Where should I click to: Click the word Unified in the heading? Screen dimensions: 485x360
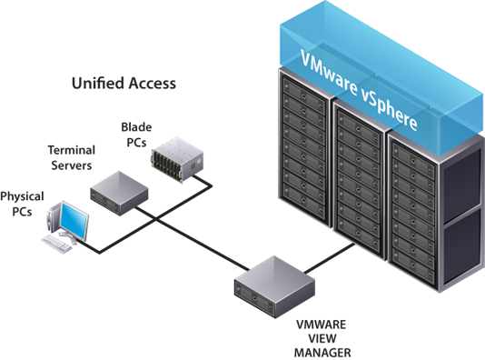click(98, 84)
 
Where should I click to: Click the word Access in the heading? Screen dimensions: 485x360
click(153, 84)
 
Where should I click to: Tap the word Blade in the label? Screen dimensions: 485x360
click(136, 127)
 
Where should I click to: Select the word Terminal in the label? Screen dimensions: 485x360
click(72, 150)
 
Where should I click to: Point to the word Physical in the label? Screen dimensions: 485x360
click(22, 197)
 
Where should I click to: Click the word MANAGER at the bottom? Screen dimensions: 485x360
click(322, 353)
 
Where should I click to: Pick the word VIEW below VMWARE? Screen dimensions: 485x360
click(322, 339)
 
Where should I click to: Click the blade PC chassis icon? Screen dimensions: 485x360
click(177, 159)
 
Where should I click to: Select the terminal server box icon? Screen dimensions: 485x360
click(119, 193)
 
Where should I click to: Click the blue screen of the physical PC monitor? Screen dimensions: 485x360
click(74, 221)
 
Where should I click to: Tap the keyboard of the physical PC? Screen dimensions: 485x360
click(57, 244)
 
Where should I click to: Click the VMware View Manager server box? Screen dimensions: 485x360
click(274, 286)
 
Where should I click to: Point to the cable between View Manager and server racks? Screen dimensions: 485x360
click(330, 259)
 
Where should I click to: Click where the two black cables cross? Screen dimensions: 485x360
click(155, 219)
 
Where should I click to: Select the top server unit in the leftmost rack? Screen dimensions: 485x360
click(303, 92)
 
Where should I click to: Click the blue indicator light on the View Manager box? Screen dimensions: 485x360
click(238, 289)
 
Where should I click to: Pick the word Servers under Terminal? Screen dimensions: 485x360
click(72, 165)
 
